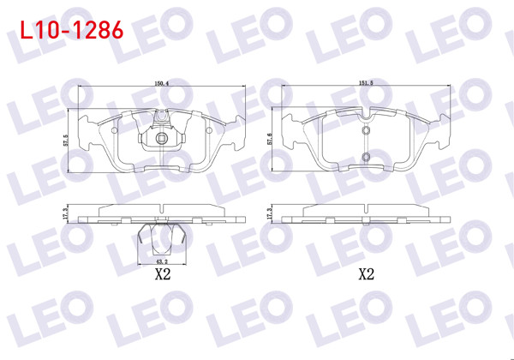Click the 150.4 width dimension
pyautogui.click(x=160, y=84)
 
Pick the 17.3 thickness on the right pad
pyautogui.click(x=271, y=213)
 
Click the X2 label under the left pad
pyautogui.click(x=160, y=276)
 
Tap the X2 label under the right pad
pyautogui.click(x=366, y=276)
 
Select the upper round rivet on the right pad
pyautogui.click(x=366, y=131)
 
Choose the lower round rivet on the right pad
pyautogui.click(x=366, y=157)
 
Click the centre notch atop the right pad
pyautogui.click(x=366, y=114)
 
